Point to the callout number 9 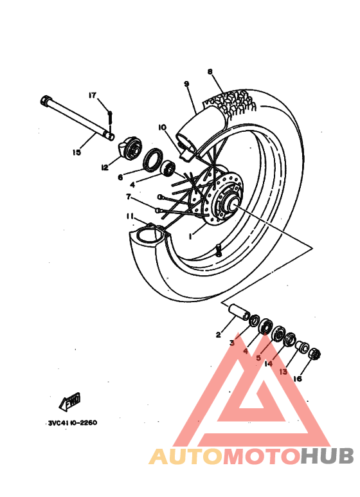pos(186,84)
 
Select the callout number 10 pos(161,128)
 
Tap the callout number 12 pos(104,167)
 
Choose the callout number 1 pos(191,237)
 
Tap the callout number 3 pos(232,343)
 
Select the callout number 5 pos(258,357)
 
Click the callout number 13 pos(283,372)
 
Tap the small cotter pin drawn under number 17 pos(110,116)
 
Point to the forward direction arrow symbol pos(69,402)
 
